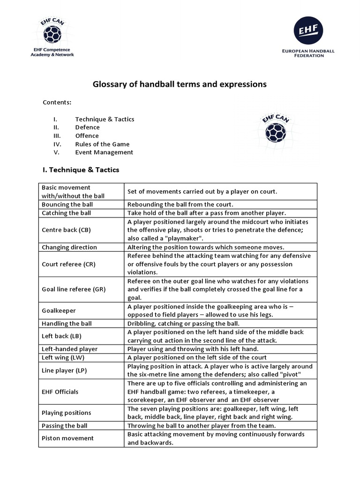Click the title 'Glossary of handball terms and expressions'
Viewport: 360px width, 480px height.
[x=180, y=84]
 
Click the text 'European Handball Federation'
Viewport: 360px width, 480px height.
[x=307, y=52]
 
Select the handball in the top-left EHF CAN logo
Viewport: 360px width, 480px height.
[x=52, y=34]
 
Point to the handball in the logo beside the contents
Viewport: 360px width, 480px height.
[x=275, y=133]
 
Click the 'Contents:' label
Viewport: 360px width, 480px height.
[x=57, y=102]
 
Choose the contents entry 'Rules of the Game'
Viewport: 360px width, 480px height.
[x=102, y=144]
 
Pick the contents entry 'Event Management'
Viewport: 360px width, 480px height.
[x=104, y=152]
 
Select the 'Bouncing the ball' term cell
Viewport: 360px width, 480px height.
[x=67, y=204]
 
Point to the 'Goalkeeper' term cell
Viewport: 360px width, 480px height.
[x=59, y=311]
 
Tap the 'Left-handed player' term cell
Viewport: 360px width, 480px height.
[x=69, y=349]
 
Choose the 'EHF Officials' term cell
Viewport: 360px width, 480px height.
[x=60, y=391]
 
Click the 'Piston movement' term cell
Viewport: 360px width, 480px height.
[x=67, y=438]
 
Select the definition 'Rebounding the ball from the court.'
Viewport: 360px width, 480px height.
[x=180, y=204]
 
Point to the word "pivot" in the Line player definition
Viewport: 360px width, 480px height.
[x=300, y=374]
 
